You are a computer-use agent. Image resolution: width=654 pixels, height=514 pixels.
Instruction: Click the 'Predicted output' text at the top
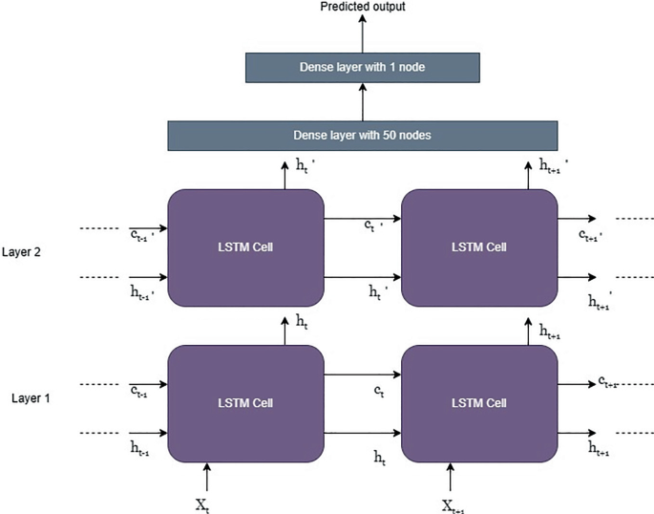point(362,8)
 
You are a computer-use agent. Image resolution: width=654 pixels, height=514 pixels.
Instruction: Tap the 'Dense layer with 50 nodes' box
point(362,135)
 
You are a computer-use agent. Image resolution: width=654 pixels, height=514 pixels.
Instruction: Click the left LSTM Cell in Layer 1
point(246,402)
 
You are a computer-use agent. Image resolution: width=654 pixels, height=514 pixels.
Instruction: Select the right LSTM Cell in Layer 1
point(479,402)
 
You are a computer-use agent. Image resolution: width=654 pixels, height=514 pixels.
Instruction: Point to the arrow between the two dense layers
point(363,101)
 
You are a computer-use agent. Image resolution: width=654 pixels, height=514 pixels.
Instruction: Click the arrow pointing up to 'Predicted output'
point(363,33)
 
